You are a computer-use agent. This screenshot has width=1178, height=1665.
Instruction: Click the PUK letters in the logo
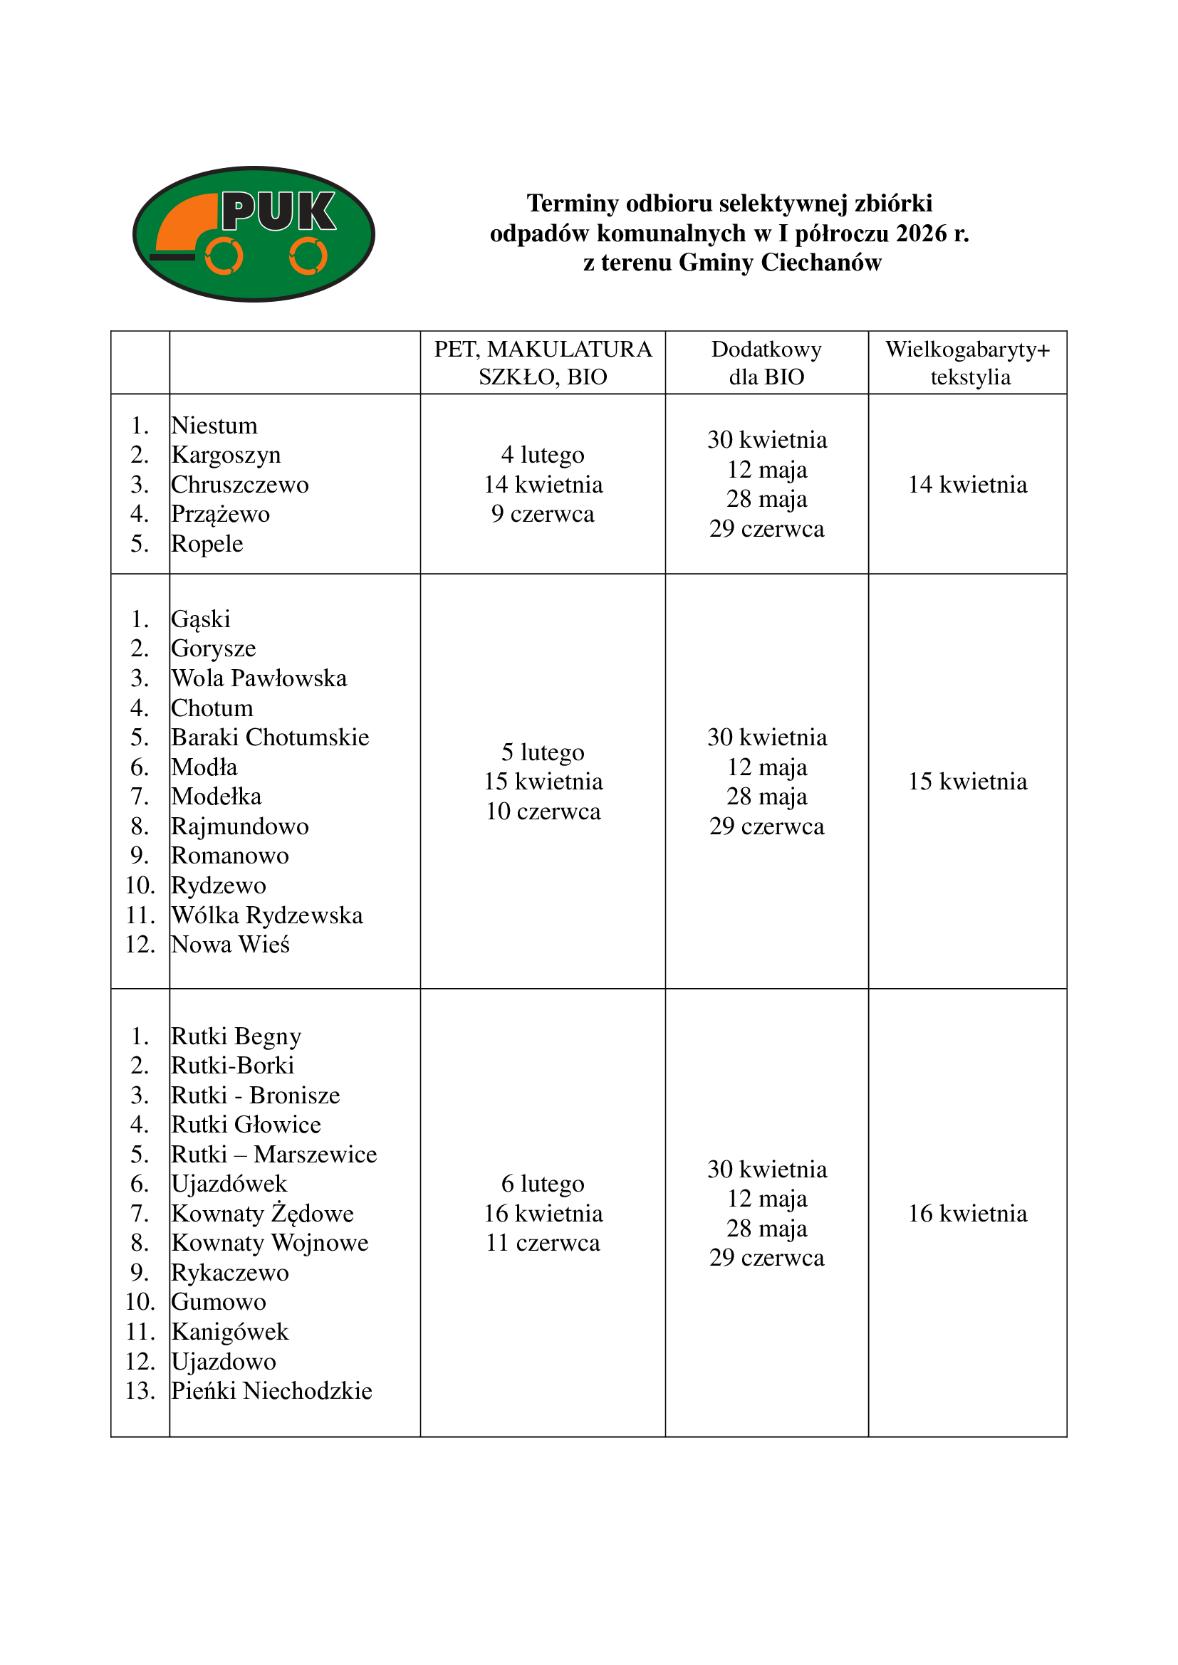(x=278, y=211)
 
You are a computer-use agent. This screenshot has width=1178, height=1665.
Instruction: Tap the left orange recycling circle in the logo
(x=224, y=256)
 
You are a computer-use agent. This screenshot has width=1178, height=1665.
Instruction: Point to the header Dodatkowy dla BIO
(x=766, y=362)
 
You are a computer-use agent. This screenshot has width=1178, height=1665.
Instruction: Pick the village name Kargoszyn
(x=226, y=455)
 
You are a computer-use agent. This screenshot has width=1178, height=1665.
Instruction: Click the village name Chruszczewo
(x=240, y=485)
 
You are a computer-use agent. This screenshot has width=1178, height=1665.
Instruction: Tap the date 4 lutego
(x=543, y=455)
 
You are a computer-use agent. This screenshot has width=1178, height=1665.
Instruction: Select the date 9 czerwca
(x=543, y=514)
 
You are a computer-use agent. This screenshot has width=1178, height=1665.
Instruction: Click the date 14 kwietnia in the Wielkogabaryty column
(x=967, y=485)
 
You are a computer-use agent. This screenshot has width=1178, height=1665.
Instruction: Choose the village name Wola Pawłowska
(x=259, y=678)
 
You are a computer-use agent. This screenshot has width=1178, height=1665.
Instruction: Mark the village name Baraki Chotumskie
(x=270, y=737)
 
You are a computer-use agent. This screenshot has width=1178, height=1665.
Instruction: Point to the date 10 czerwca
(x=543, y=812)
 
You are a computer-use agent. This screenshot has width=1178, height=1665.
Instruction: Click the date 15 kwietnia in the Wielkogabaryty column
(x=967, y=782)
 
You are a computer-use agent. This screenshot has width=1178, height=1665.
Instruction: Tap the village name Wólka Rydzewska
(x=267, y=915)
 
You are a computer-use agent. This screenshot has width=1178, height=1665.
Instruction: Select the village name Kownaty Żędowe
(x=263, y=1213)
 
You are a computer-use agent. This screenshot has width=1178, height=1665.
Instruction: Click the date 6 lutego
(x=543, y=1184)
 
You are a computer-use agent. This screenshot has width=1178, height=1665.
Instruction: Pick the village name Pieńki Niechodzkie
(x=271, y=1391)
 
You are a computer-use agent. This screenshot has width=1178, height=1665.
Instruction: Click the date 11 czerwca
(x=543, y=1243)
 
